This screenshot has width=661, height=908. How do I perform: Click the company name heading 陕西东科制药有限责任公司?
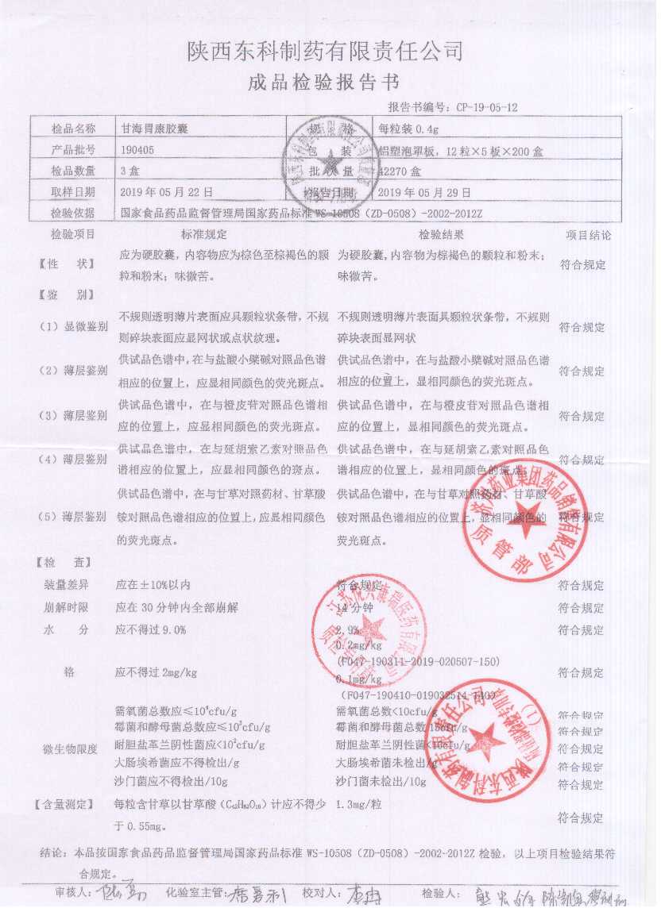[325, 52]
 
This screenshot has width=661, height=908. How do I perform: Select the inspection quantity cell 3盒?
[129, 171]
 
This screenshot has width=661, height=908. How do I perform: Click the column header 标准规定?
[204, 235]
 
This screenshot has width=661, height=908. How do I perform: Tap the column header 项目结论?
[588, 235]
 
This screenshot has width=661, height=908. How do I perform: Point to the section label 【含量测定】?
[65, 805]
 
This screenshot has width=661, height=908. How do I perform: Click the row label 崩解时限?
[66, 607]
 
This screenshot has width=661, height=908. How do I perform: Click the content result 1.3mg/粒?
[361, 805]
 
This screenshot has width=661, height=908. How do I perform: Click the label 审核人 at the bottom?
[68, 891]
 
